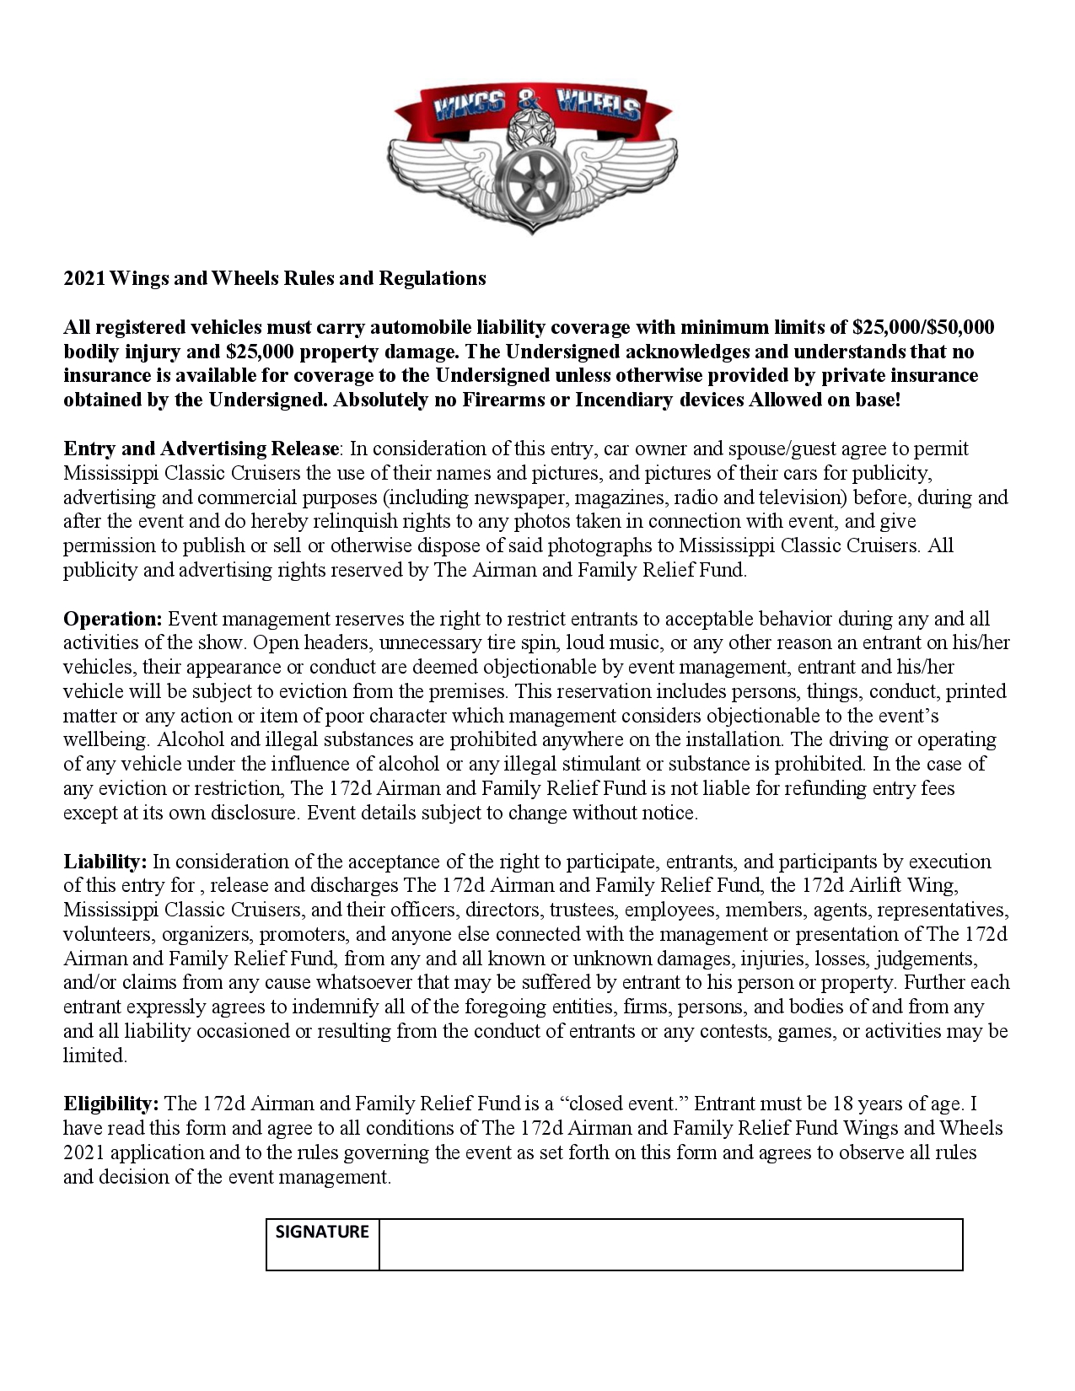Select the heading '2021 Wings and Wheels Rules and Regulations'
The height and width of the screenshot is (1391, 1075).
tap(275, 278)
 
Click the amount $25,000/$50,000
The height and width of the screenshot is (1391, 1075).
tap(923, 327)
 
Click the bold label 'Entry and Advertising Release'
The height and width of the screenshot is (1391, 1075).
tap(201, 448)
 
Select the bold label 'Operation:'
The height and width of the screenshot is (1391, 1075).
tap(112, 619)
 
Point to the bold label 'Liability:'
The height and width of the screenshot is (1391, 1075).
tap(105, 862)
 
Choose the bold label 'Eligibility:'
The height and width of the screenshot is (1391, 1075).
tap(111, 1104)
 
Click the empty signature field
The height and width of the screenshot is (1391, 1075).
tap(670, 1243)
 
